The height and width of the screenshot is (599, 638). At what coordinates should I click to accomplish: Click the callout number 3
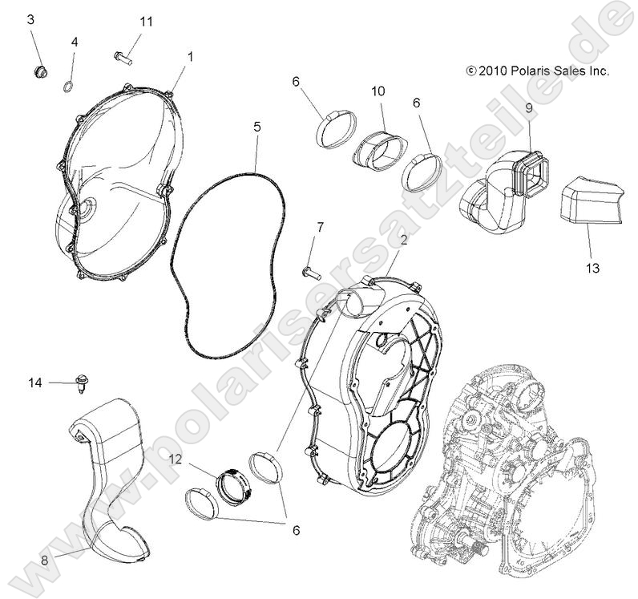click(x=31, y=18)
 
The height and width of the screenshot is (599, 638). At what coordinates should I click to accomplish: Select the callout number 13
click(x=592, y=267)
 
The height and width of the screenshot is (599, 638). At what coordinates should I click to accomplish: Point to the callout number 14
click(x=34, y=382)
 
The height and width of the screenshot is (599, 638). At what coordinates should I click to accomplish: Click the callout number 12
click(x=176, y=459)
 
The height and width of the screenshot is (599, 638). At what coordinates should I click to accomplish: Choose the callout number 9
click(x=529, y=107)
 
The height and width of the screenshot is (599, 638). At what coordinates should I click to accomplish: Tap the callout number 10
click(x=378, y=91)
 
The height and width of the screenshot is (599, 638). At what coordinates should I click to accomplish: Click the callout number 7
click(x=320, y=227)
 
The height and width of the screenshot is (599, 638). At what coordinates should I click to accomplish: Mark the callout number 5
click(x=256, y=127)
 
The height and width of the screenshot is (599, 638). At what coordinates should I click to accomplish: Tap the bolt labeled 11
click(x=122, y=57)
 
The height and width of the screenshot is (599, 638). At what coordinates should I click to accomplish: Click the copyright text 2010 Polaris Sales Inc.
click(x=537, y=71)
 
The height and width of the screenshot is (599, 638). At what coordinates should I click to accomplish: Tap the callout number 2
click(x=404, y=240)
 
